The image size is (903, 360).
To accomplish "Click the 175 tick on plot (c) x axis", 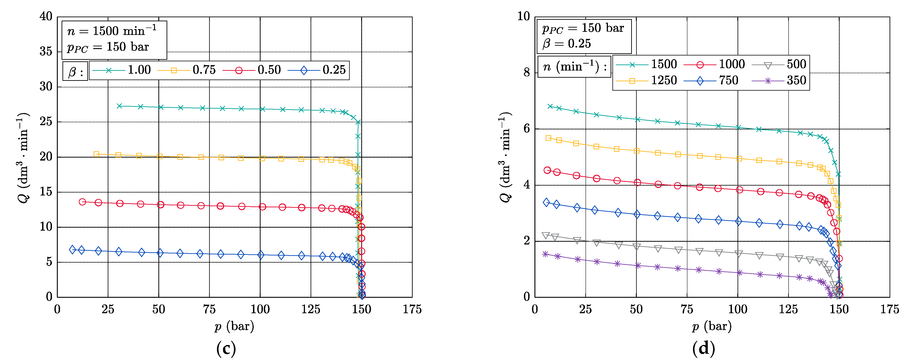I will tap(412, 309).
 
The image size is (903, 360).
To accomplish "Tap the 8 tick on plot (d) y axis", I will tap(527, 73).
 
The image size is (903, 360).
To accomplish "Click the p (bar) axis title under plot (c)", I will tap(234, 327).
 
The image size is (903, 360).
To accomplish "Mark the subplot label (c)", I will tap(226, 348).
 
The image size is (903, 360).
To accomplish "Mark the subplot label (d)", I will tap(703, 348).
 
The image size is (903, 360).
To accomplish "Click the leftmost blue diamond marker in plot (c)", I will tap(73, 250).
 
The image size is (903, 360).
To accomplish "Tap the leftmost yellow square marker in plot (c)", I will tap(97, 154).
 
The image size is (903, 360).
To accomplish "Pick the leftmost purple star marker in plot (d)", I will tap(545, 254).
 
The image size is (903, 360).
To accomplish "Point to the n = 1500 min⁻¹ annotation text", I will tap(112, 31).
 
